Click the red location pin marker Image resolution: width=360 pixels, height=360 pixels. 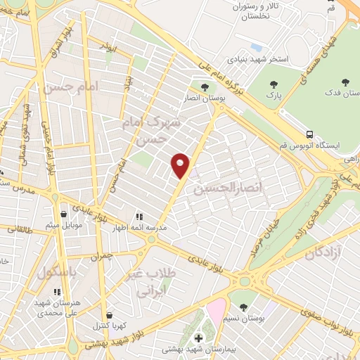coord(181,165)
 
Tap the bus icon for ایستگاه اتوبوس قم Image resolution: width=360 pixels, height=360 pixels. coord(310,133)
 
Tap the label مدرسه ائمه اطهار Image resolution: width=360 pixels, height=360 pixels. coord(139,228)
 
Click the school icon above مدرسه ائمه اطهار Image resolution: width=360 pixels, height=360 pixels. coord(139,217)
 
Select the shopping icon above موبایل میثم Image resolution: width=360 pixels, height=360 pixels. coord(63,214)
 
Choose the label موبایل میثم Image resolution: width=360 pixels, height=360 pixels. coord(63,225)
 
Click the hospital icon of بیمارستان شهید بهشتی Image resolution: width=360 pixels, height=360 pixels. coord(198,338)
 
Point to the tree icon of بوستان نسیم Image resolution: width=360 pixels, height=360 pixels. coord(243,307)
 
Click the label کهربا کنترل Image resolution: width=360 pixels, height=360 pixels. coord(108,326)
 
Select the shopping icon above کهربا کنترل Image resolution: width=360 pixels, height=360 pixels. coord(108,315)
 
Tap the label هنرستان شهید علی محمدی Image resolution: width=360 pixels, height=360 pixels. coord(58,307)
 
